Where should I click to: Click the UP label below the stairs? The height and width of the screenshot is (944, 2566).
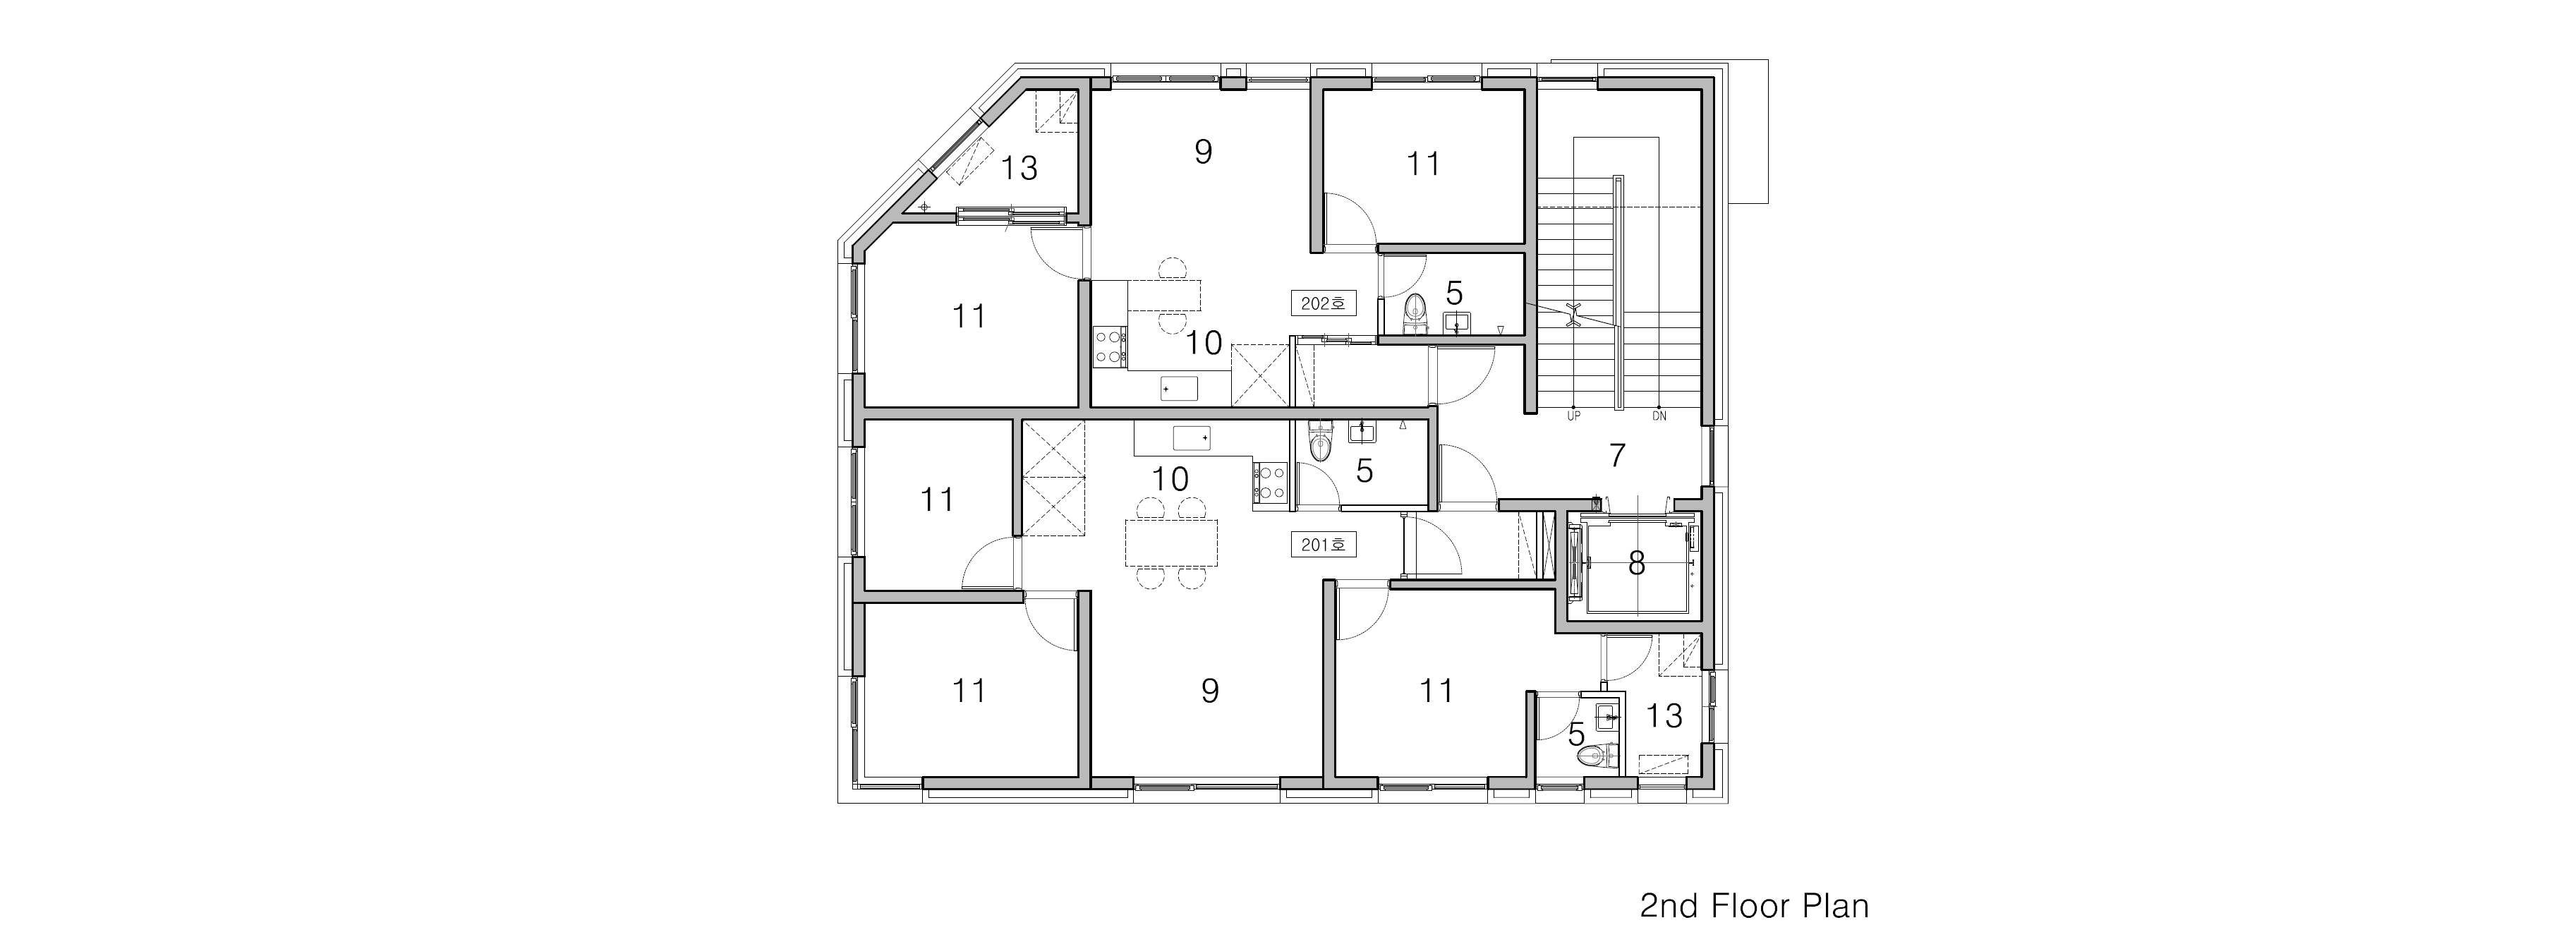[x=1574, y=416]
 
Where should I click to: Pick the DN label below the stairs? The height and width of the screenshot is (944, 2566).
[x=1659, y=416]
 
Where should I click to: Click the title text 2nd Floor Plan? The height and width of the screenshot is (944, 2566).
[x=1754, y=906]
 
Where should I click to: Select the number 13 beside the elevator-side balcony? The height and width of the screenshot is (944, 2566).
[x=1664, y=716]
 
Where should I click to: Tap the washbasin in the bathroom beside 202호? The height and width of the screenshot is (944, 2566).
[x=1458, y=322]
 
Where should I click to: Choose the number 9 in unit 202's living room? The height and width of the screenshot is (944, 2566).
[x=1204, y=152]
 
